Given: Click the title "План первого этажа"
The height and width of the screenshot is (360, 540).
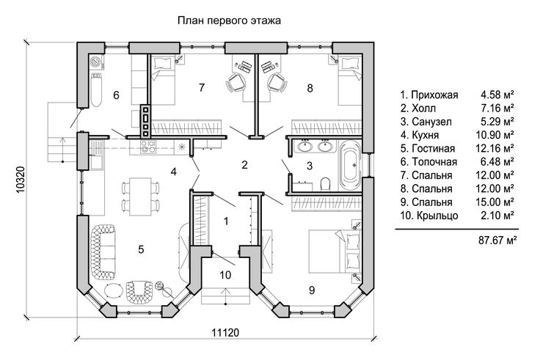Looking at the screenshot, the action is (x=229, y=21).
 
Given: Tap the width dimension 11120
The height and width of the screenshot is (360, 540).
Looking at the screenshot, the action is (x=225, y=333).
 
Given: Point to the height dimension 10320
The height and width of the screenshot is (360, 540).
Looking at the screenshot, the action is (x=21, y=180).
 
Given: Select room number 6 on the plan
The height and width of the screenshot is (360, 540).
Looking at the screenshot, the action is (x=117, y=95).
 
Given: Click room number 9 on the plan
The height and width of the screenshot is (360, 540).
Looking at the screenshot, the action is (x=312, y=290).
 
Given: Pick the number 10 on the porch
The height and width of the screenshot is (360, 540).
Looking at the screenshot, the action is (x=225, y=275).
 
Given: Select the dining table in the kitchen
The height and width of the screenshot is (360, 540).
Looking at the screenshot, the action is (x=140, y=196).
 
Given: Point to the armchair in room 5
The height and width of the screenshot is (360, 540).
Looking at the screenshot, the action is (x=139, y=292).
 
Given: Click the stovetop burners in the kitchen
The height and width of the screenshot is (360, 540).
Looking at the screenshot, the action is (x=147, y=147).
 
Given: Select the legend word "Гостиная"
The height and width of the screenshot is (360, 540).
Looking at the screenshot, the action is (x=433, y=149).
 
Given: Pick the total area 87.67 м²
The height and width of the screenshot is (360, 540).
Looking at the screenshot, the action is (x=497, y=240).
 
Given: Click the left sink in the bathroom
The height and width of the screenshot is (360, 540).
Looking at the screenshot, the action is (x=304, y=146).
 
